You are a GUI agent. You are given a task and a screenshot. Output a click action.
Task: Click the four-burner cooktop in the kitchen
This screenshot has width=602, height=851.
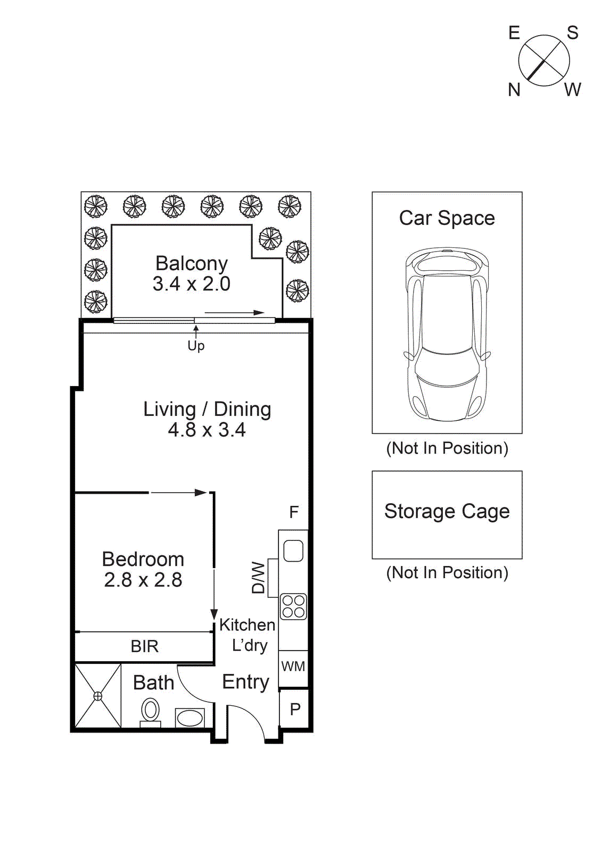coord(293,606)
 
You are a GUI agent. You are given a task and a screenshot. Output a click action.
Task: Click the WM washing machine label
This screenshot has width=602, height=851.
coord(293,666)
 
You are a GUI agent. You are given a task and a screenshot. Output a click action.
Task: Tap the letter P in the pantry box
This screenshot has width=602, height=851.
coord(295,710)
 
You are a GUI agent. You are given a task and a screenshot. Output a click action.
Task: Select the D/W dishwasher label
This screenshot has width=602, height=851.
coord(258,578)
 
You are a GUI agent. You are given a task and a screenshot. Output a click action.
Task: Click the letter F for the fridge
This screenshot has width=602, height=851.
coord(294,512)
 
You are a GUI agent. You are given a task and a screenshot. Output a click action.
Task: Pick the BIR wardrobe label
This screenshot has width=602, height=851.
coord(144,646)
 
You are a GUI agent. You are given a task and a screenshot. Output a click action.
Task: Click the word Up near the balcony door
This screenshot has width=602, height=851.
coord(196,346)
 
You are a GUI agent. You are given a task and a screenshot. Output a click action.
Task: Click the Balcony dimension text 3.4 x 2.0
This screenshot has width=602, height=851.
coord(191,284)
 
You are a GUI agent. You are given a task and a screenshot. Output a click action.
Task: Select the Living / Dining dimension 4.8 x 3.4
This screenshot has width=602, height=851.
coord(207,430)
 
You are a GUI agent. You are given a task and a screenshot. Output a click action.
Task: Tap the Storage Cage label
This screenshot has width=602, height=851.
coord(447,511)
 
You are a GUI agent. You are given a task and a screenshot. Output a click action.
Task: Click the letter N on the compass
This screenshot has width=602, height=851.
coord(514,90)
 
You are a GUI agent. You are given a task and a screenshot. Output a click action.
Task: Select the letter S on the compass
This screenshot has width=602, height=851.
coord(573,33)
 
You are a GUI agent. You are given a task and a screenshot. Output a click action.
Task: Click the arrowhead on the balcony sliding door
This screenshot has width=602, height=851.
coord(259,313)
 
